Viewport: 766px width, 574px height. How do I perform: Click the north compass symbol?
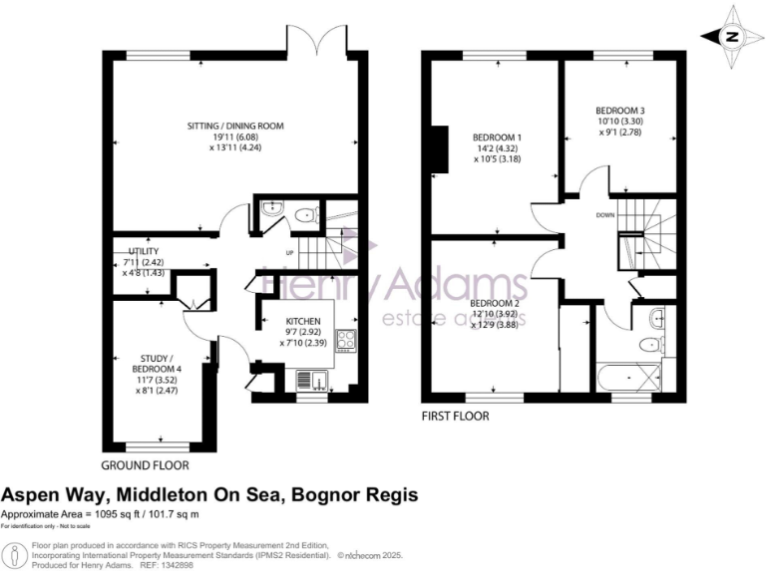pyautogui.click(x=732, y=37)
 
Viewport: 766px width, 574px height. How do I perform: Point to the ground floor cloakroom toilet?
pyautogui.click(x=303, y=213)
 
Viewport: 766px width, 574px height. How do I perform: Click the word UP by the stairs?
pyautogui.click(x=290, y=253)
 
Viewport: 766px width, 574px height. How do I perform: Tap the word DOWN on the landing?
pyautogui.click(x=605, y=214)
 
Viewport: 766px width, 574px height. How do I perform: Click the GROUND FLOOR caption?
pyautogui.click(x=145, y=465)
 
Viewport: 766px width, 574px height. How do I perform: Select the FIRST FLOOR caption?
pyautogui.click(x=456, y=416)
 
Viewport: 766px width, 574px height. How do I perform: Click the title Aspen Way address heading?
pyautogui.click(x=209, y=494)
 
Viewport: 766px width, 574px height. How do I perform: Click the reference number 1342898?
pyautogui.click(x=205, y=565)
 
